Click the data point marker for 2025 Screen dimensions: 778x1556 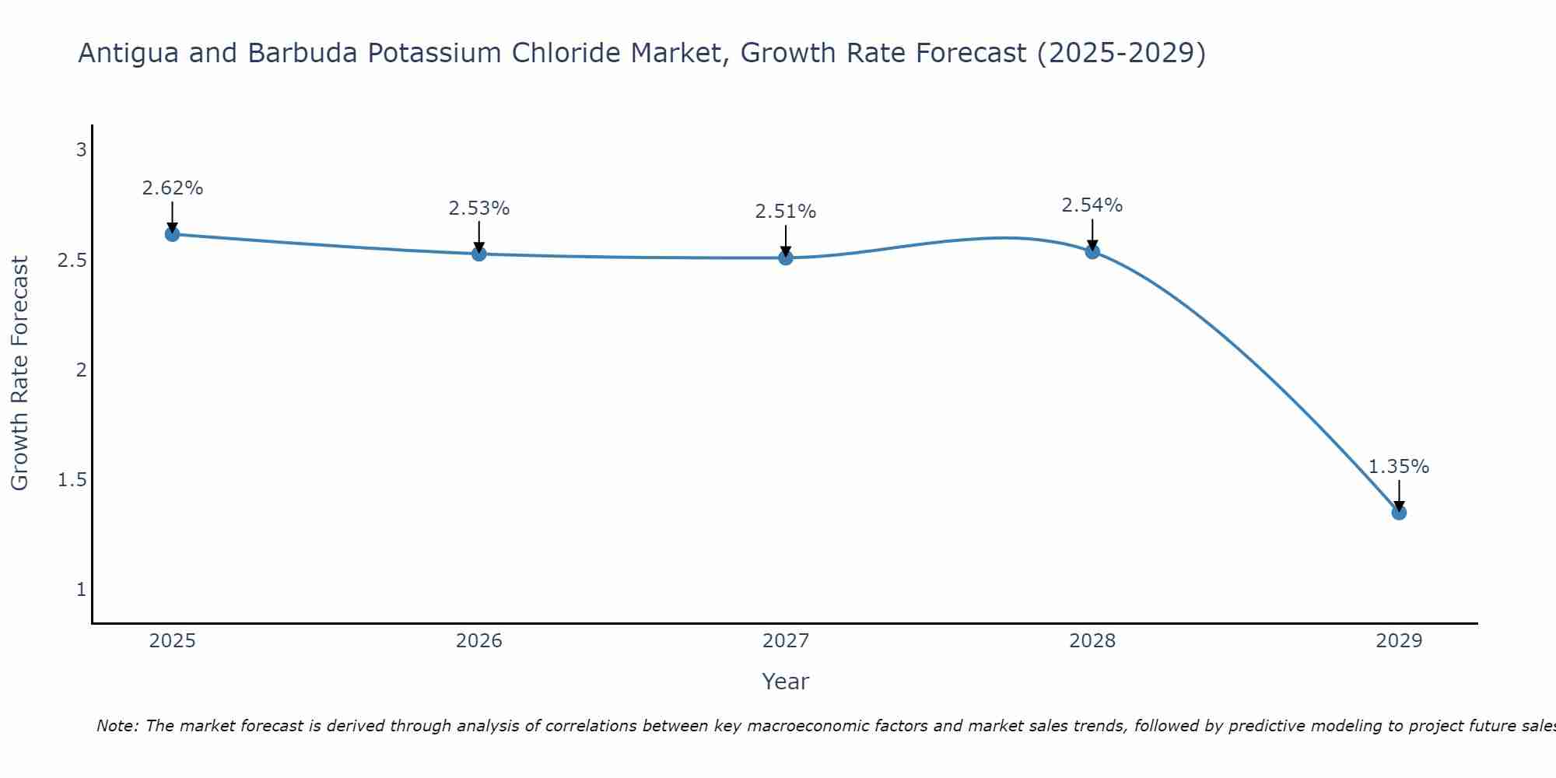[173, 234]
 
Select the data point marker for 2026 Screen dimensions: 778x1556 [479, 254]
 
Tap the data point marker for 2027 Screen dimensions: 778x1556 [786, 258]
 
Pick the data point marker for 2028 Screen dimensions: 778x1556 [1092, 251]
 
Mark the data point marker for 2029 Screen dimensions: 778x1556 [1399, 513]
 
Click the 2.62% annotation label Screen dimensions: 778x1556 [173, 188]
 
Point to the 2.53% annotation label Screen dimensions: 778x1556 [479, 209]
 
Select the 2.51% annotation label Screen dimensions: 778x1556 [786, 212]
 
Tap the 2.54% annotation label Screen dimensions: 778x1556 [1092, 205]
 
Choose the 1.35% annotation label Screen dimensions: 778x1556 [1399, 467]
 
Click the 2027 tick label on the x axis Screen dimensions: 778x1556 [786, 641]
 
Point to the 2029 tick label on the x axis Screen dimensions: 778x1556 [1399, 641]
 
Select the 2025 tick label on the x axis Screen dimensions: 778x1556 [173, 641]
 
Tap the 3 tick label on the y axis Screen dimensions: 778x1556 [81, 150]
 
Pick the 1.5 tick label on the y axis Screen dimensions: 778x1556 [72, 480]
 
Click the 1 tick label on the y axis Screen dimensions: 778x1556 [81, 590]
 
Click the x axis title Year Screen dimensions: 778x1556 [786, 682]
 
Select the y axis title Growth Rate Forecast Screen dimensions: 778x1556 [20, 373]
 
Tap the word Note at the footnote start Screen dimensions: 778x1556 [117, 726]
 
